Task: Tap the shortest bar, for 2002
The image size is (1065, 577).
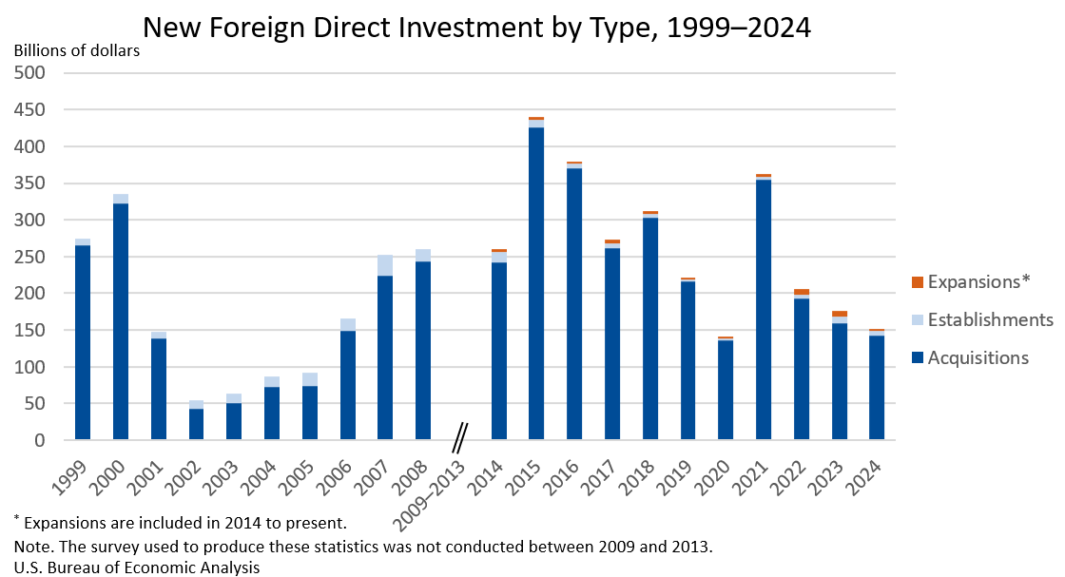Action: coord(196,424)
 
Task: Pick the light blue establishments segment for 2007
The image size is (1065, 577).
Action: coord(385,265)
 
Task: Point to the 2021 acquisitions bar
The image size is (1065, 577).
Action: coord(764,310)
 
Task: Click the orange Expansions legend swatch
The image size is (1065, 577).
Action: coord(918,282)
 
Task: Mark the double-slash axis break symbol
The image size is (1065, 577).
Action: coord(460,438)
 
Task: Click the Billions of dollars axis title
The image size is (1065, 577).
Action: coord(77,50)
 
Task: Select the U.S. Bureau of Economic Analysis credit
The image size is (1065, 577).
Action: coord(137,567)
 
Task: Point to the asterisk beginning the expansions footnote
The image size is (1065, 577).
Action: coord(17,519)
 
